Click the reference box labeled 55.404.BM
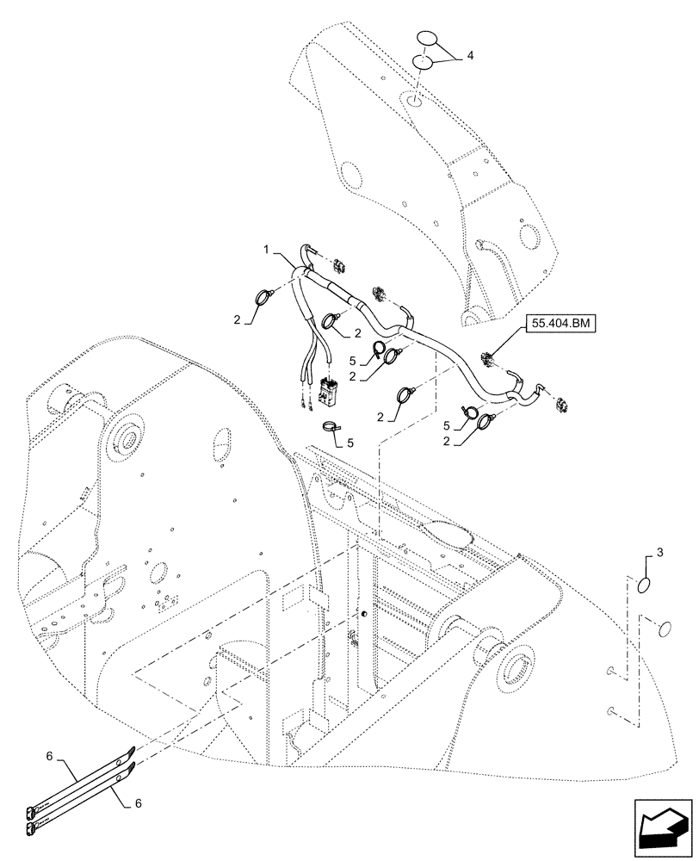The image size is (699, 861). click(x=560, y=323)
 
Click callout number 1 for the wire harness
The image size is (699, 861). click(x=268, y=249)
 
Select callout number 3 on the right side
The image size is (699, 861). click(x=659, y=548)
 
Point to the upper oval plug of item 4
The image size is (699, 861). click(x=428, y=40)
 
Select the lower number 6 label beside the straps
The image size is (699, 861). click(x=139, y=802)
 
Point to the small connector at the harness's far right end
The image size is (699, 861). click(x=564, y=402)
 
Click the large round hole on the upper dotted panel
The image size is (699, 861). click(x=349, y=175)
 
